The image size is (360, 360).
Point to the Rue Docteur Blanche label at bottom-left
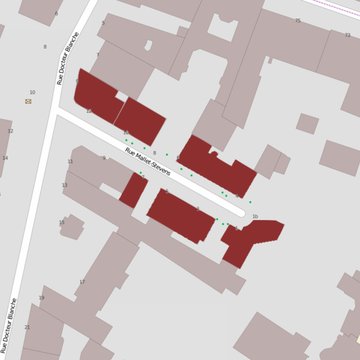pyautogui.click(x=12, y=326)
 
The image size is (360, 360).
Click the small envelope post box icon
pyautogui.click(x=28, y=101)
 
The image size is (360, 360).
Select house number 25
pyautogui.click(x=297, y=20)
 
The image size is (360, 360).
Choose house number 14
pyautogui.click(x=5, y=158)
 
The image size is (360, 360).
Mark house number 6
pyautogui.click(x=155, y=153)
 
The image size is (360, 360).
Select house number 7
pyautogui.click(x=98, y=54)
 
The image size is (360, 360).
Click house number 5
pyautogui.click(x=103, y=23)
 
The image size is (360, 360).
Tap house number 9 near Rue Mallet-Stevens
pyautogui.click(x=104, y=157)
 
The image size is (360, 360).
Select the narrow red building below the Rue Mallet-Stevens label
pyautogui.click(x=133, y=191)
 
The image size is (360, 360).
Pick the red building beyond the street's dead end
pyautogui.click(x=248, y=241)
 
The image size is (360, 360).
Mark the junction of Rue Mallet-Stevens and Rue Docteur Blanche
pyautogui.click(x=56, y=112)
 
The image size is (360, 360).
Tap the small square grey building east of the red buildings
pyautogui.click(x=307, y=124)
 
